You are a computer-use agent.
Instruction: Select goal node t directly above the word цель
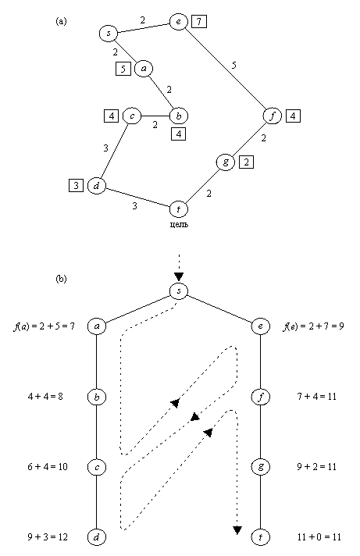pyautogui.click(x=178, y=209)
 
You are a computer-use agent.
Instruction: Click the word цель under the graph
pyautogui.click(x=179, y=225)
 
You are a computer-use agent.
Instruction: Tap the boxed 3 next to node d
pyautogui.click(x=75, y=186)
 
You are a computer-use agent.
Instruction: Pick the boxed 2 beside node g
pyautogui.click(x=246, y=162)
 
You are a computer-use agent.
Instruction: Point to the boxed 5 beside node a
pyautogui.click(x=123, y=69)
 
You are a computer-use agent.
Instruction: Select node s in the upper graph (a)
pyautogui.click(x=108, y=34)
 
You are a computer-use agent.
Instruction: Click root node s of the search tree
pyautogui.click(x=179, y=291)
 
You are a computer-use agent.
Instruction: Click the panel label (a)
pyautogui.click(x=62, y=22)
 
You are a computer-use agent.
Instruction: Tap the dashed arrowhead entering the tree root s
pyautogui.click(x=179, y=276)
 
